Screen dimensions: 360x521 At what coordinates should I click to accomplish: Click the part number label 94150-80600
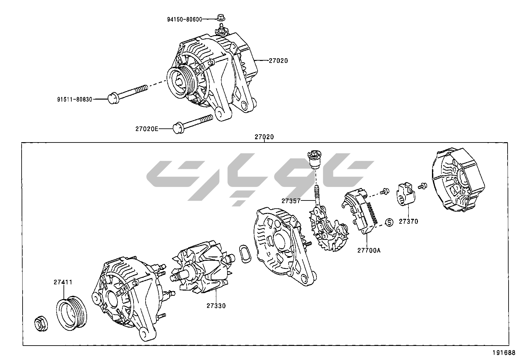click(184, 19)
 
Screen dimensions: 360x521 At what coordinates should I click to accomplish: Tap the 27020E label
click(147, 129)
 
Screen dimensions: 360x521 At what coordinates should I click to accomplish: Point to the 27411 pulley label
click(63, 282)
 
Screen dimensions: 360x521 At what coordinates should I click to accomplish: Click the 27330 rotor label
click(216, 306)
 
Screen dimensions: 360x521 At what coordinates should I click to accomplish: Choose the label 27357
click(291, 200)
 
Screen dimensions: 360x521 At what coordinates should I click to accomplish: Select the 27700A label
click(369, 250)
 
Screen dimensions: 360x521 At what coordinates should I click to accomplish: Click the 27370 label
click(408, 221)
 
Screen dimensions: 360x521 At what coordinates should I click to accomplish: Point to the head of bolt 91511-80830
click(113, 98)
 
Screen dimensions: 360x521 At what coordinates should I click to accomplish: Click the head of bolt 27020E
click(178, 128)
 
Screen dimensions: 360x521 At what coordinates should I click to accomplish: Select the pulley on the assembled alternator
click(181, 83)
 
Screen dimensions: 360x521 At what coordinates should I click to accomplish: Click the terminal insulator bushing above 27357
click(314, 160)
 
